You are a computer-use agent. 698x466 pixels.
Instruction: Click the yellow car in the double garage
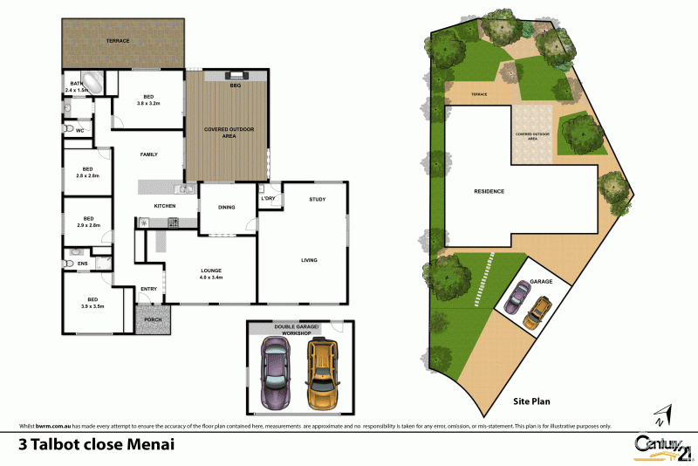point(322,373)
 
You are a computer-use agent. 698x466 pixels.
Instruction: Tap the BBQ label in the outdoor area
point(235,86)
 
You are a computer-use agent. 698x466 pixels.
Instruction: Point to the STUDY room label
point(317,200)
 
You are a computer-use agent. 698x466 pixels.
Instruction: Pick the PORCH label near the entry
point(152,320)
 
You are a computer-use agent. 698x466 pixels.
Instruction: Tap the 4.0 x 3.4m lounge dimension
point(211,278)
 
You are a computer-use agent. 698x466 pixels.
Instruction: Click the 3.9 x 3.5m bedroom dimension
point(92,306)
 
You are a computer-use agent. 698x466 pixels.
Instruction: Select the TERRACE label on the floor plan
point(118,41)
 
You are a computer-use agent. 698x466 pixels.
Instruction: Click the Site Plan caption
point(532,403)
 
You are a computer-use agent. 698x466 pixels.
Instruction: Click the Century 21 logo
point(663,444)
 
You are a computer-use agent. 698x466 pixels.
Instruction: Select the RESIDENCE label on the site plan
point(489,191)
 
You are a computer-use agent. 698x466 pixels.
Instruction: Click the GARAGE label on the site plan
point(542,283)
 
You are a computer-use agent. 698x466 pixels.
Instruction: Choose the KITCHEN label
point(165,206)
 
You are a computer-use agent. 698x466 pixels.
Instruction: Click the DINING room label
point(227,206)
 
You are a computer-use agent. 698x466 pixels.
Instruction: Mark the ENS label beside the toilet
point(83,263)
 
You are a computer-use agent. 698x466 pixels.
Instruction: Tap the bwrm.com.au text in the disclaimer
point(52,426)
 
